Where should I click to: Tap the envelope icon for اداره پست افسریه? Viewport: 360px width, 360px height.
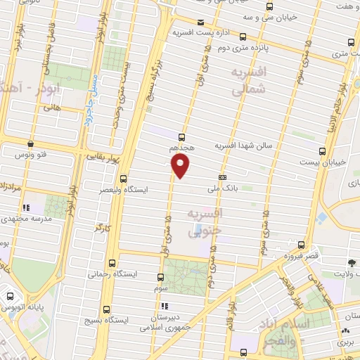pos(200,22)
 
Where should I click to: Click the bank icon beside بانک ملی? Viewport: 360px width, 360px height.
pos(222,177)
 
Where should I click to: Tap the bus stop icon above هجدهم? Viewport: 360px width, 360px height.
pos(182,137)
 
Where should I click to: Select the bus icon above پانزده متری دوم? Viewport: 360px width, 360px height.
pos(243,36)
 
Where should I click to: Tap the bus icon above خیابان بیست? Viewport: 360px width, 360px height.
pos(323,150)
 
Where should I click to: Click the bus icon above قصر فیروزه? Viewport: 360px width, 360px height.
pos(302,245)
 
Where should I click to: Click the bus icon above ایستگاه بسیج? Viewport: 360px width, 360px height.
pos(106,309)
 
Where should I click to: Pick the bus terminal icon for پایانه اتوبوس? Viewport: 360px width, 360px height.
pos(10,295)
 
